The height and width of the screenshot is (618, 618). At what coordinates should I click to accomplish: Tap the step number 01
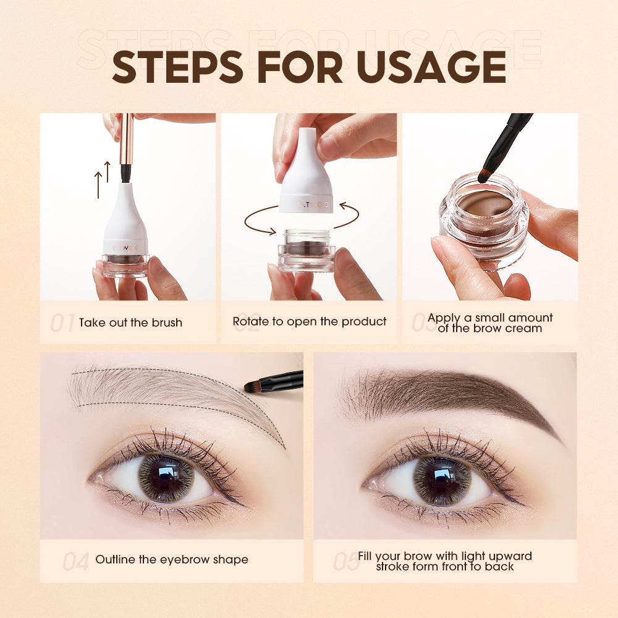coord(62,323)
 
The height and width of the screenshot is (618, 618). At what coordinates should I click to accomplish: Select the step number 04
coord(75,561)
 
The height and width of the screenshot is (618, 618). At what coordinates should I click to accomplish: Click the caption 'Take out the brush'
coord(130,323)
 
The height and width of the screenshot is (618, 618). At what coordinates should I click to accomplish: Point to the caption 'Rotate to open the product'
coord(309,321)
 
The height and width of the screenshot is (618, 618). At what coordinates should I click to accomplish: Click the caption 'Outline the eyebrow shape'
coord(171,560)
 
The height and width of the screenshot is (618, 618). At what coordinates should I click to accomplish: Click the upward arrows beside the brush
coord(103,179)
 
